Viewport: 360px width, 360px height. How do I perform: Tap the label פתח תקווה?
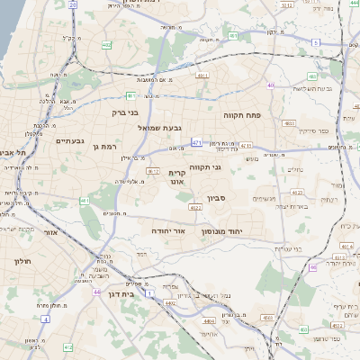pyautogui.click(x=243, y=116)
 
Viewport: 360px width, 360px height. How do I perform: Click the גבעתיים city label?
pyautogui.click(x=69, y=141)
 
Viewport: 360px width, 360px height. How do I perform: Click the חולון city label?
pyautogui.click(x=23, y=261)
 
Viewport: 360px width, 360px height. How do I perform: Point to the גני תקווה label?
pyautogui.click(x=205, y=166)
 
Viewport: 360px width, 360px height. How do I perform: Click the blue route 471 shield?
pyautogui.click(x=196, y=143)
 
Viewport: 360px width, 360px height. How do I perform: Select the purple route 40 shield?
pyautogui.click(x=270, y=85)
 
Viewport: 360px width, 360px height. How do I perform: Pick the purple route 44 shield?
pyautogui.click(x=96, y=292)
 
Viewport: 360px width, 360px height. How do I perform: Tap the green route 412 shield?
pyautogui.click(x=67, y=346)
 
